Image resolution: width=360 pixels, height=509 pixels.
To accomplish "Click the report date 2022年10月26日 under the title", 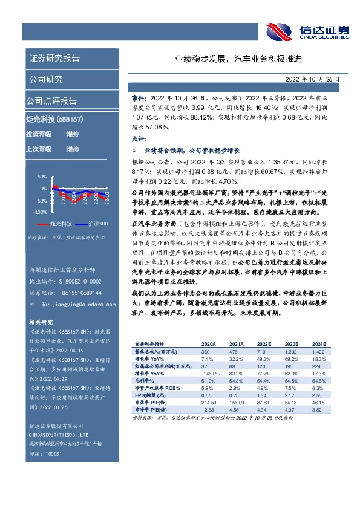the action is coord(312,79).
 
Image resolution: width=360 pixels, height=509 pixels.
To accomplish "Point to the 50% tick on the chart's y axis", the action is coord(42,177).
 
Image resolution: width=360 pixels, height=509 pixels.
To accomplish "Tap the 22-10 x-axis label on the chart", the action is coord(106,195).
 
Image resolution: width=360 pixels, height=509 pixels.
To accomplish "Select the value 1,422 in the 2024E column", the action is coord(319,351).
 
